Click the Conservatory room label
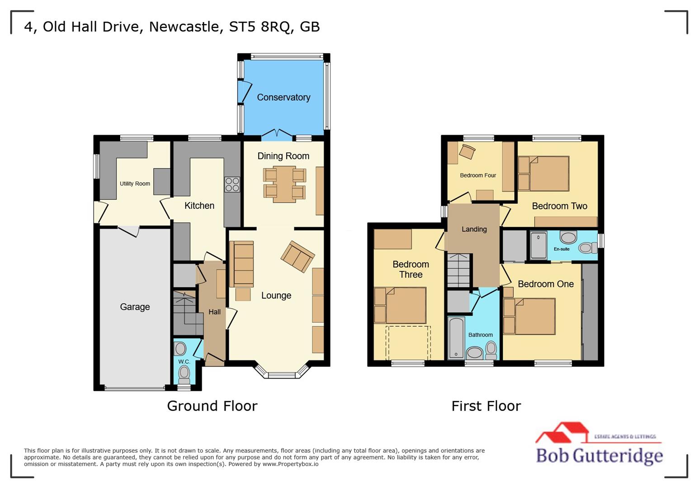[x=283, y=97]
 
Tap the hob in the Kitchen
[x=232, y=184]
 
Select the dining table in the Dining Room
[x=284, y=184]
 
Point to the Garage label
[x=135, y=307]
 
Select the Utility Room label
[x=135, y=183]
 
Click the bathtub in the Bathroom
[x=456, y=338]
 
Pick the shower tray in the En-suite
[x=538, y=245]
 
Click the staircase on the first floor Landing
[x=459, y=270]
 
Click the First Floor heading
[x=486, y=406]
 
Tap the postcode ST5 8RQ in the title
[x=259, y=27]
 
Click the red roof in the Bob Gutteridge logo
[x=563, y=432]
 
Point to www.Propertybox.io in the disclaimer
[x=290, y=464]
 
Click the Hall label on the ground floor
[x=215, y=312]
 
